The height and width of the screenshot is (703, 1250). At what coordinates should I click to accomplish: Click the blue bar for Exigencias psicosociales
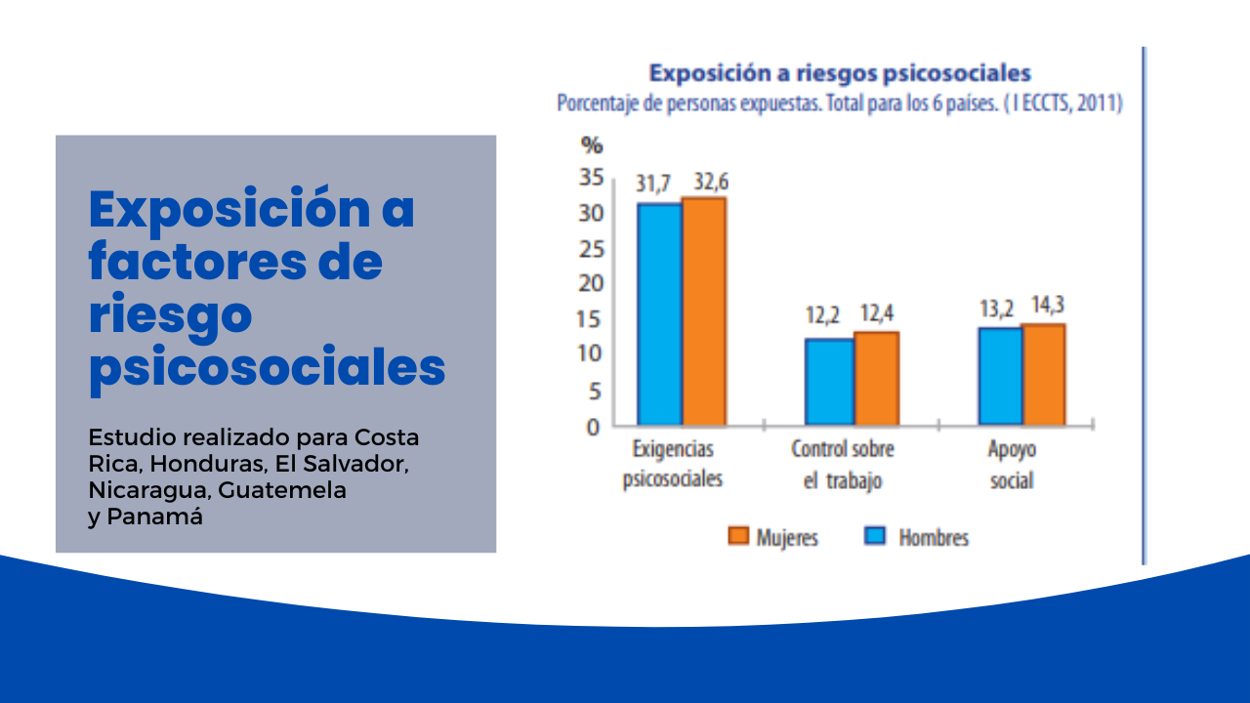pos(659,313)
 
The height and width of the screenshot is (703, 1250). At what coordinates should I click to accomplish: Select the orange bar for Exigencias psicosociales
pos(703,310)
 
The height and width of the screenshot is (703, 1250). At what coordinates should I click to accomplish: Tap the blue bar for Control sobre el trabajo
pos(829,381)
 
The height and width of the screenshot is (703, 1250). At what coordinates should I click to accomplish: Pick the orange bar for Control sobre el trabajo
pos(876,378)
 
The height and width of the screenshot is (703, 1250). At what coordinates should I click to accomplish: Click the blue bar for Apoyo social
pos(1000,376)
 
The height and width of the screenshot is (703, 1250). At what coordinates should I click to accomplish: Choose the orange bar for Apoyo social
pos(1043,374)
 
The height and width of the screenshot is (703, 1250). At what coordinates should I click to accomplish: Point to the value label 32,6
pos(710,182)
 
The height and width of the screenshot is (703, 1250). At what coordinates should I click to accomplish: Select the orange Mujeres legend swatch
pos(738,536)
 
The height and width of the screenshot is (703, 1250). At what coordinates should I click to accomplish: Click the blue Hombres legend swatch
pos(876,536)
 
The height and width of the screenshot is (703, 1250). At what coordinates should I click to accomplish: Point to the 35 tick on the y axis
pos(591,178)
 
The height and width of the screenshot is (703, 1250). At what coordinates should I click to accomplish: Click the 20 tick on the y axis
pos(591,284)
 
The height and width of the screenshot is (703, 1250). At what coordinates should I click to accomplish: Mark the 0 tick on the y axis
pos(594,427)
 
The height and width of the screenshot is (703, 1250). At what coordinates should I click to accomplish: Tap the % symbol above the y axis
pos(592,146)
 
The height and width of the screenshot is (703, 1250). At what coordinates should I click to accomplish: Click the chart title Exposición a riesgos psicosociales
pos(840,73)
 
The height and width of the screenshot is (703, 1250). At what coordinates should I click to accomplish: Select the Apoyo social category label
pos(1011,465)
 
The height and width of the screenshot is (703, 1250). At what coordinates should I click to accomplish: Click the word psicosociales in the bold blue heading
pos(267,369)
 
